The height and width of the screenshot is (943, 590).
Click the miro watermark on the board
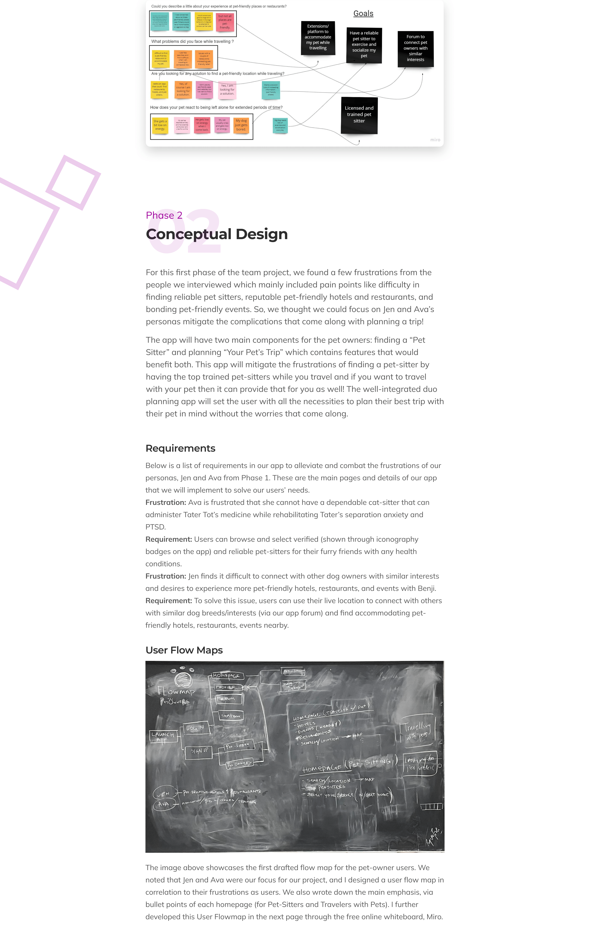[x=435, y=140]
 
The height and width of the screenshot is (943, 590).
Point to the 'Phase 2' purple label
[x=164, y=215]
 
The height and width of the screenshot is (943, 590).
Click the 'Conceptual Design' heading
[x=217, y=234]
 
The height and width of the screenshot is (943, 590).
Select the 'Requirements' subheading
[x=180, y=448]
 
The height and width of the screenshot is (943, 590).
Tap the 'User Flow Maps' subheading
[x=184, y=650]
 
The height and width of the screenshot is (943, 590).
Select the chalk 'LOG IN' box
[x=195, y=728]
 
